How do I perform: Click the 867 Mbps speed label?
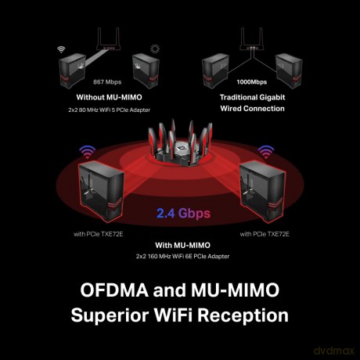click(x=107, y=82)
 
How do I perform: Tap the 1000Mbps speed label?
click(x=252, y=82)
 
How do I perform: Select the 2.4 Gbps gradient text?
click(x=183, y=214)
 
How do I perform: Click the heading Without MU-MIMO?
click(x=109, y=97)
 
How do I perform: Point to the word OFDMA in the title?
click(x=114, y=290)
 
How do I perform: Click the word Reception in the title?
click(x=243, y=315)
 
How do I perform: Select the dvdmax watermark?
click(x=334, y=351)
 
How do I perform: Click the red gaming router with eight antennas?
click(x=180, y=143)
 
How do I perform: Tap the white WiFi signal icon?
click(x=61, y=49)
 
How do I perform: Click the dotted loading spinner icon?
click(x=155, y=49)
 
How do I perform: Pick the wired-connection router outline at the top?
click(x=252, y=39)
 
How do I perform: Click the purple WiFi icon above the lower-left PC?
click(x=88, y=152)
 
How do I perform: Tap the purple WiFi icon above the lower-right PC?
click(x=266, y=152)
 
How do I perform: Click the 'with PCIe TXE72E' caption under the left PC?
click(x=98, y=234)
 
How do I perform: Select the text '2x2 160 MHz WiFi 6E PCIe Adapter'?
click(x=182, y=257)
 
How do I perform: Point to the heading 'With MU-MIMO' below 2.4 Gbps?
click(x=182, y=245)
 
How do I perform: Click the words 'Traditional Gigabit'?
click(x=252, y=97)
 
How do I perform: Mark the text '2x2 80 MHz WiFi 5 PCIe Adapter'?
click(x=109, y=110)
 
